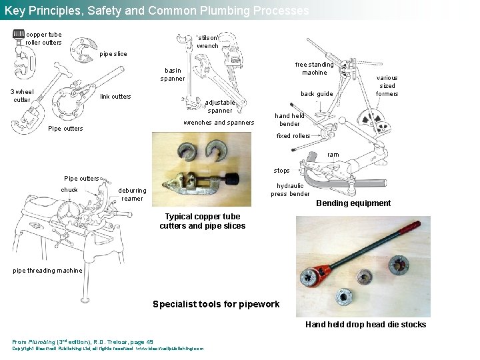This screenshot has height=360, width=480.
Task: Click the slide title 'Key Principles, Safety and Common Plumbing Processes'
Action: point(157,11)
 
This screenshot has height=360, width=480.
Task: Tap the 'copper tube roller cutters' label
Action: point(43,39)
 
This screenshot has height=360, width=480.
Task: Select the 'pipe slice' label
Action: point(113,54)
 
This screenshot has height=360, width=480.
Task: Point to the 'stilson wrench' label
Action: point(207,42)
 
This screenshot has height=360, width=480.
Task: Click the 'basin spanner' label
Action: point(173,74)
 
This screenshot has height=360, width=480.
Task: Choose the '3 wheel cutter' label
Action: point(22,96)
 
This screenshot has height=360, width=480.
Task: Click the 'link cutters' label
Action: point(115,97)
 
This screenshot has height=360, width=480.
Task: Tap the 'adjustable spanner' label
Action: point(220,107)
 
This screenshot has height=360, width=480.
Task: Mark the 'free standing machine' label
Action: point(314,69)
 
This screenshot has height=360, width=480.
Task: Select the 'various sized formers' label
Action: point(387,85)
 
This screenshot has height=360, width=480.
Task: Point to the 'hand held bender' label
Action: point(289,120)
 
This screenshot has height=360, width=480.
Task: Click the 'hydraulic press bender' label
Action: point(290,190)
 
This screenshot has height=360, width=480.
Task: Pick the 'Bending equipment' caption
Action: point(353,203)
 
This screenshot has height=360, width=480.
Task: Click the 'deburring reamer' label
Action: point(132,194)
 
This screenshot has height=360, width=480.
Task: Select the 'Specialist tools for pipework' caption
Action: point(216,304)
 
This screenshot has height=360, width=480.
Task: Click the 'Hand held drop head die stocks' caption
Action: point(365,325)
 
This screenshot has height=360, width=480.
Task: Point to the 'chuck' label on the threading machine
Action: point(69,190)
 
